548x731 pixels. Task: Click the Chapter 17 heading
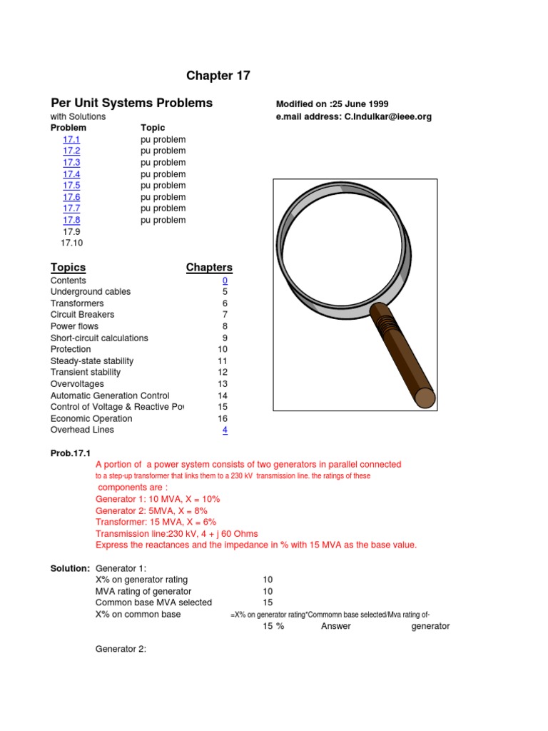(x=218, y=76)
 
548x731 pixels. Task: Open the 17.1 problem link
(x=71, y=140)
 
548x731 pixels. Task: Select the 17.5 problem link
(x=71, y=186)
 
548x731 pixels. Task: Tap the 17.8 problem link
(x=71, y=220)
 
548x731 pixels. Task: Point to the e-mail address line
(x=353, y=116)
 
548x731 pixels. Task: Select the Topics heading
(x=68, y=267)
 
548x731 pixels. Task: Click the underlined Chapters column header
(x=209, y=267)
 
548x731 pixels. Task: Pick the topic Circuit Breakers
(x=82, y=315)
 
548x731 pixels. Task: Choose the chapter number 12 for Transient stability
(x=223, y=372)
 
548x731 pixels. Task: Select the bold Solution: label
(x=69, y=568)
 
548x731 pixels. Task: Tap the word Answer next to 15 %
(x=335, y=626)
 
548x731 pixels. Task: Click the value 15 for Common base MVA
(x=268, y=603)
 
